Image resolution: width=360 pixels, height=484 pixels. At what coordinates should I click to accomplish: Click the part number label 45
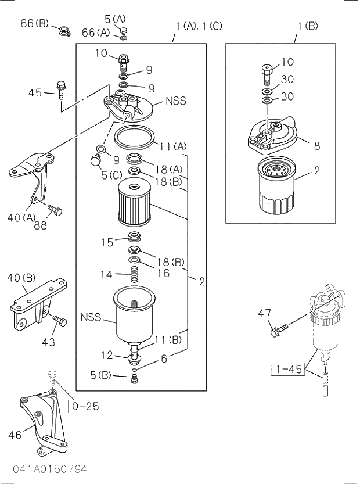[x=35, y=92]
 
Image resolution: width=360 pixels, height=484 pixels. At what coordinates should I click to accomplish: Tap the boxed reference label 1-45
[x=288, y=369]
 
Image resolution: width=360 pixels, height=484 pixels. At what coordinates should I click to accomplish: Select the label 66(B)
[x=35, y=23]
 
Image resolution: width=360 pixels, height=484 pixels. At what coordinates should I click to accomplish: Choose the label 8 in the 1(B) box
[x=317, y=146]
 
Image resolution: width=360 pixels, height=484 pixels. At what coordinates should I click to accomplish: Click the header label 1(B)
[x=308, y=26]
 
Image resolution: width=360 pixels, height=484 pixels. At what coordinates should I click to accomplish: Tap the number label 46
[x=15, y=435]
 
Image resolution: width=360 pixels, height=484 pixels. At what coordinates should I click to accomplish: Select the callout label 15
[x=106, y=242]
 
